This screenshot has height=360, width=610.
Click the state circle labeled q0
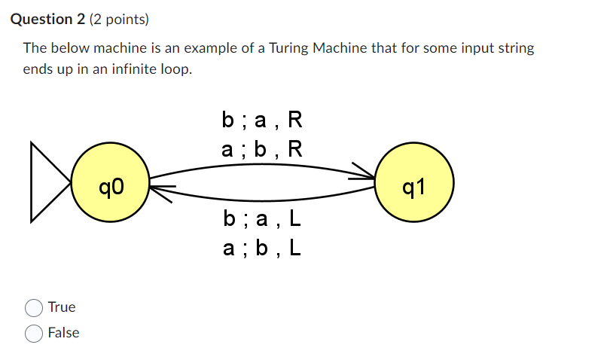(110, 183)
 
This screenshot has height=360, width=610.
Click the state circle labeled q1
(415, 183)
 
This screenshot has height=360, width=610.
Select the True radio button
(34, 307)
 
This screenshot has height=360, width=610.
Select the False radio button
(34, 333)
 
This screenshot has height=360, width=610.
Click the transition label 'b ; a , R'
(262, 121)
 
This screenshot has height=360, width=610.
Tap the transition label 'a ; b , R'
(262, 148)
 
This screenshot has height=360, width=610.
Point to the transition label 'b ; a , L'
(262, 219)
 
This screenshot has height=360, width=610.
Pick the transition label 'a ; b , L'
(262, 247)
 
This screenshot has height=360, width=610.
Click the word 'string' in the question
(517, 48)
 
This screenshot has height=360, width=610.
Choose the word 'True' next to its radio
(62, 307)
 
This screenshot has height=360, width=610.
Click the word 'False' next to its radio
(63, 333)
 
